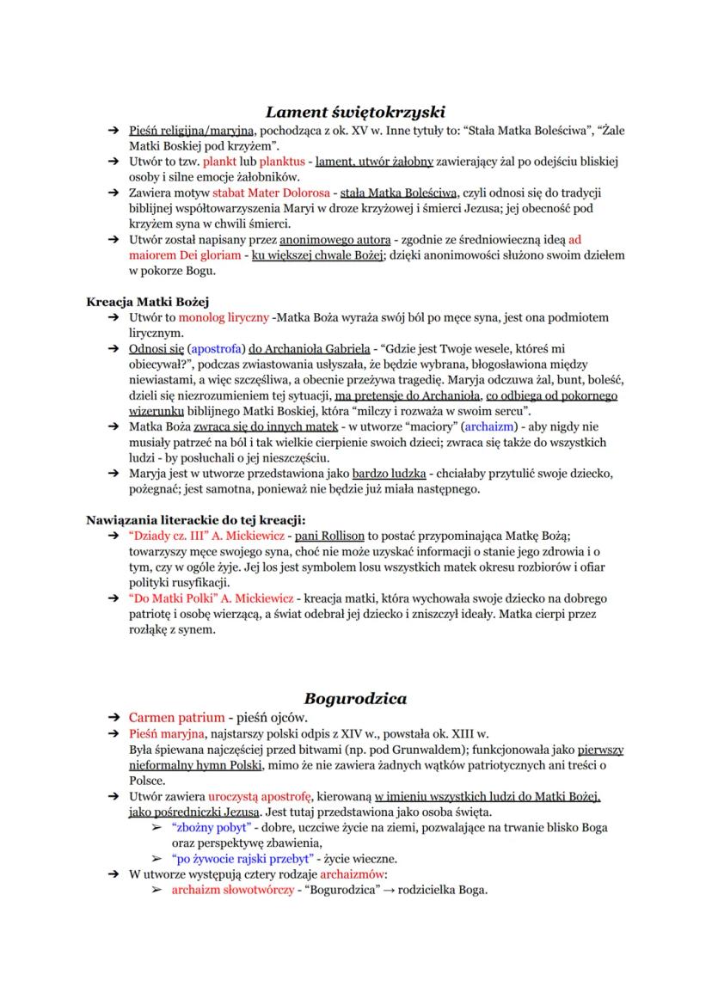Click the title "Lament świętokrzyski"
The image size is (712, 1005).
(x=354, y=111)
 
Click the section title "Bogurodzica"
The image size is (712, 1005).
(x=355, y=697)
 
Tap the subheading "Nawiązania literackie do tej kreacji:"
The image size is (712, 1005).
(x=196, y=518)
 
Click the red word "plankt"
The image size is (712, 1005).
(x=218, y=161)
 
